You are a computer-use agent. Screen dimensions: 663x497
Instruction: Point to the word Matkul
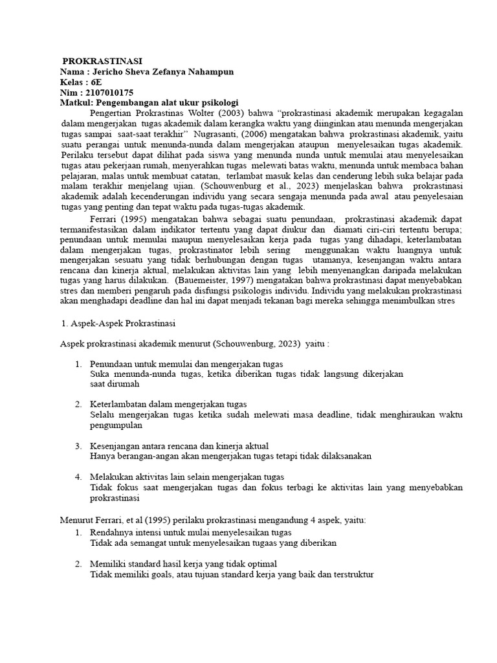tap(76, 102)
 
